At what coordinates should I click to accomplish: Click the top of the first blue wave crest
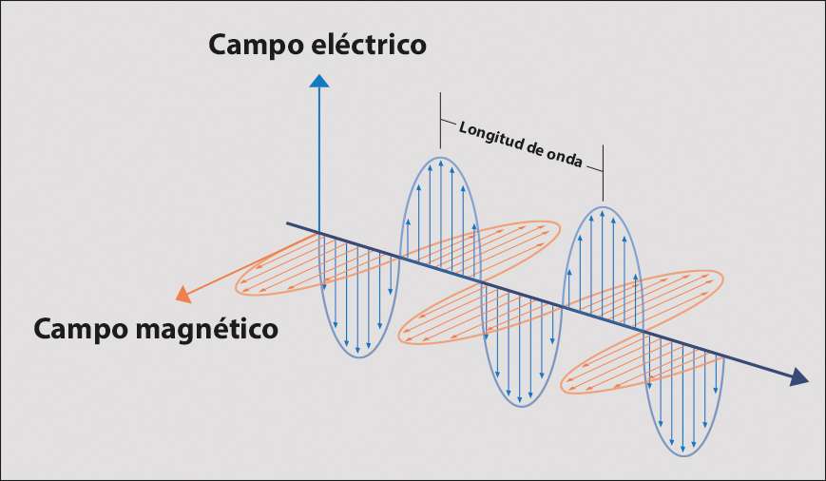pos(440,155)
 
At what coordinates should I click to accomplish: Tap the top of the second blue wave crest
pos(603,206)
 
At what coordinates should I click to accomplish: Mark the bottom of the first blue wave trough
pos(358,358)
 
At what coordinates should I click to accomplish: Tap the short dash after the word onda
pos(593,168)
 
